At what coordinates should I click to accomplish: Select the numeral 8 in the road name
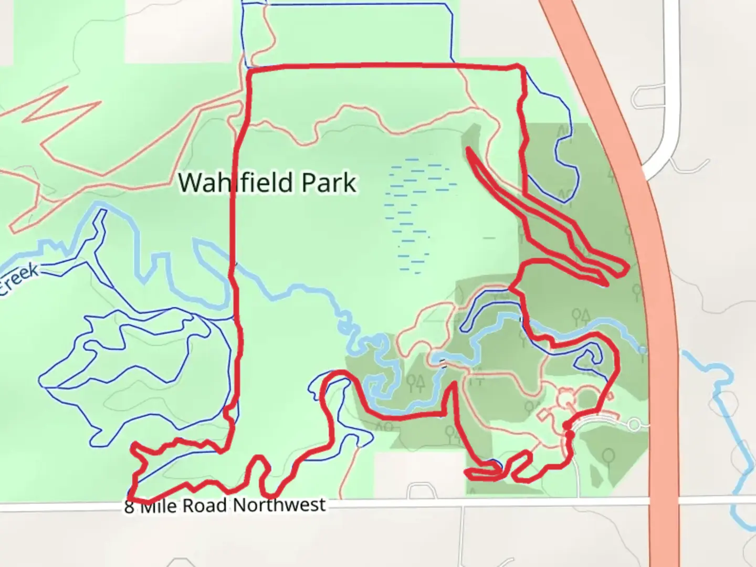(x=129, y=507)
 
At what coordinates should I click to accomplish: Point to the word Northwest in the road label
(x=279, y=505)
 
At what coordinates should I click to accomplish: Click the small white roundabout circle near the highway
(x=634, y=424)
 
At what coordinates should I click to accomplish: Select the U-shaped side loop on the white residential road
(x=644, y=97)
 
